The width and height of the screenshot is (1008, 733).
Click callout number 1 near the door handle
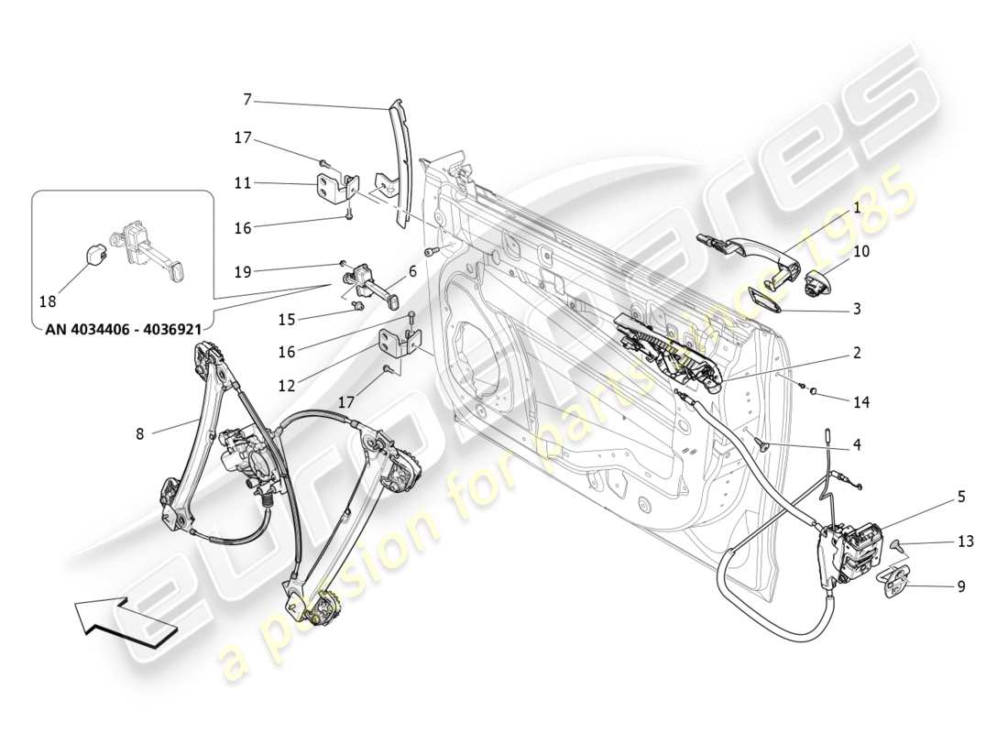857,208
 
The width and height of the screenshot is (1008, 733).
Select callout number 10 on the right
862,249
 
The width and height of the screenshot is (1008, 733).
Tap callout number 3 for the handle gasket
857,309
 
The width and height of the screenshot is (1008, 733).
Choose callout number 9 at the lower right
961,586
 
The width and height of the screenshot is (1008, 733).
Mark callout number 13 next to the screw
965,542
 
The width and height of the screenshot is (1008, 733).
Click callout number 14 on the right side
862,401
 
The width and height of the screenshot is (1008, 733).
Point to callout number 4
857,446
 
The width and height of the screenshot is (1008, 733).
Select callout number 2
857,352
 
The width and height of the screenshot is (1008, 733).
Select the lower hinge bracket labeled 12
398,343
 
